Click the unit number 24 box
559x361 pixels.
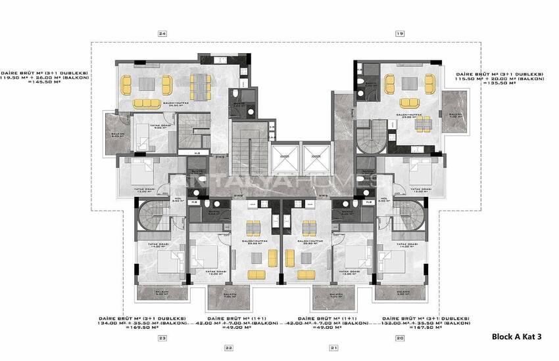(x=162, y=33)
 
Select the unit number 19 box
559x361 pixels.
(x=399, y=33)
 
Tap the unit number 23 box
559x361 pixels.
(x=162, y=338)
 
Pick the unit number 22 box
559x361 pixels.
(x=228, y=348)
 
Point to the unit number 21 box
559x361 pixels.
(x=333, y=348)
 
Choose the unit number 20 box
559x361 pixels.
(x=399, y=338)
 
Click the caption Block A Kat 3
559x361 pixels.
(x=516, y=337)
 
